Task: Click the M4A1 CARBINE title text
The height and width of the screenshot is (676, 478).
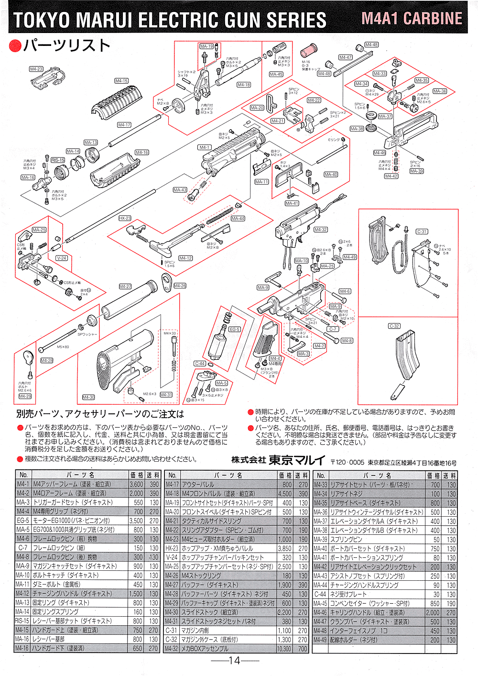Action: pyautogui.click(x=412, y=19)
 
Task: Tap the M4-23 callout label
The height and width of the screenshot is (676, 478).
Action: pyautogui.click(x=36, y=69)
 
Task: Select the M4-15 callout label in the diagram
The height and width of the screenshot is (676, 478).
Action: pyautogui.click(x=121, y=81)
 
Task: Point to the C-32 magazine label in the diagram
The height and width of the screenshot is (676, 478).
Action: pyautogui.click(x=394, y=326)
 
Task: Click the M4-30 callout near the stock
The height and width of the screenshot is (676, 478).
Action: pyautogui.click(x=88, y=397)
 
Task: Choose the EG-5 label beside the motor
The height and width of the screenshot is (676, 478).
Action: pyautogui.click(x=234, y=329)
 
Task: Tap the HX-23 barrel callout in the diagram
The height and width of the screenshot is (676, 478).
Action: pyautogui.click(x=125, y=218)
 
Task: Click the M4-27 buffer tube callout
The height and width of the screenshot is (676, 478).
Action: pyautogui.click(x=125, y=286)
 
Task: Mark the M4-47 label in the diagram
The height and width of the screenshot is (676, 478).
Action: pyautogui.click(x=346, y=57)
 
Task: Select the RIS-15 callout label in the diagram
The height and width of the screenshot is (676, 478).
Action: pyautogui.click(x=58, y=160)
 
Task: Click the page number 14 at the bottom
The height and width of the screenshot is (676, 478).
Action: pyautogui.click(x=234, y=661)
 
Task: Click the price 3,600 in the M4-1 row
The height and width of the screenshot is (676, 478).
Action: pyautogui.click(x=136, y=484)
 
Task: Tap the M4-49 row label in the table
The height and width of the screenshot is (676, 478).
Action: pyautogui.click(x=320, y=640)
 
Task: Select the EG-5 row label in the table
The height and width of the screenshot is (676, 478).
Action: pyautogui.click(x=22, y=521)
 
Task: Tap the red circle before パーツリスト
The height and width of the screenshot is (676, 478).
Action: pyautogui.click(x=15, y=46)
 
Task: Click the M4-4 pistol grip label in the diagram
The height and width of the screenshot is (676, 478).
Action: pyautogui.click(x=275, y=358)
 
